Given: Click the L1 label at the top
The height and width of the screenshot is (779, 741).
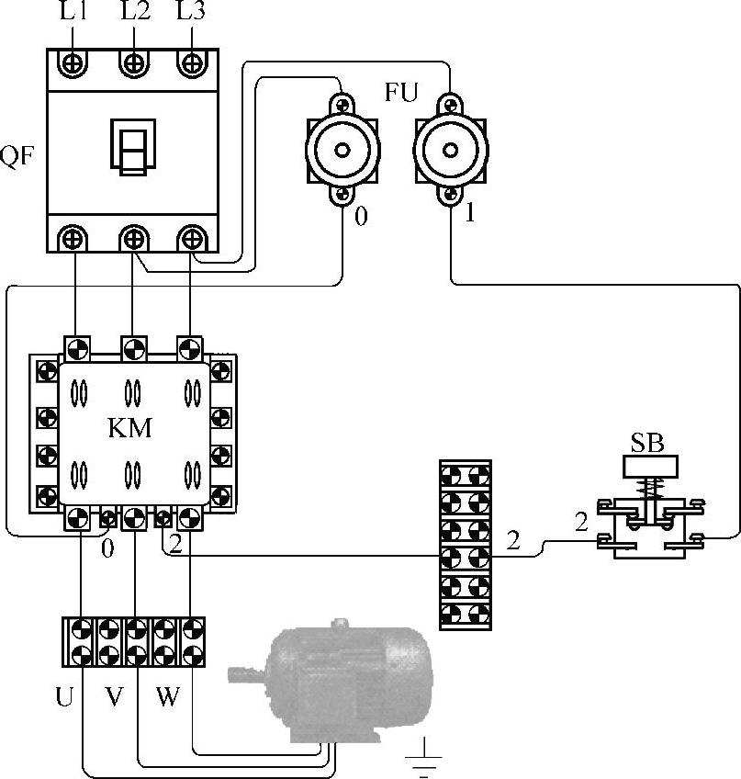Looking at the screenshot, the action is (x=73, y=11).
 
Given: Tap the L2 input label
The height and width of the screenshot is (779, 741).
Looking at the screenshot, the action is (x=135, y=11).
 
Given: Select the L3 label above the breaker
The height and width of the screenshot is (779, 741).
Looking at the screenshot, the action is (x=191, y=11).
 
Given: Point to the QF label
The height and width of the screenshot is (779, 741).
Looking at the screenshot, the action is (x=17, y=156).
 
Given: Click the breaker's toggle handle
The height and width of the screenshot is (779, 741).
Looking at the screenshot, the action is (x=133, y=147).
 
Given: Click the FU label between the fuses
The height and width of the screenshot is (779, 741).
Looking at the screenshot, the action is (x=401, y=92).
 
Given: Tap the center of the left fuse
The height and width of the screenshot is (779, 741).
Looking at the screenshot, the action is (x=342, y=150).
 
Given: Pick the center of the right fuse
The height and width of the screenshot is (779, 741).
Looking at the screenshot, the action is (x=451, y=150).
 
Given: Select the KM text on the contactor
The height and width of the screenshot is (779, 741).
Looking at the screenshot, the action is (x=129, y=428).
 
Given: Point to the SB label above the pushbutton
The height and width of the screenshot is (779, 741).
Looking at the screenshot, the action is (x=647, y=444).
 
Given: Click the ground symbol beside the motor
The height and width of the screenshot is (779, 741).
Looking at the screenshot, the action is (x=423, y=757).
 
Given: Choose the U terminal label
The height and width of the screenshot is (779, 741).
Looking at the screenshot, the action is (x=64, y=696).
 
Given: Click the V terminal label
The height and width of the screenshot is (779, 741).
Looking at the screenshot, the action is (x=114, y=696).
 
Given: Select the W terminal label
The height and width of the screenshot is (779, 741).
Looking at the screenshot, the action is (x=167, y=696).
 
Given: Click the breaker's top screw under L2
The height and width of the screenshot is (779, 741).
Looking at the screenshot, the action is (x=134, y=63).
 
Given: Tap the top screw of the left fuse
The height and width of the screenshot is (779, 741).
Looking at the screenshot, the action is (x=342, y=105).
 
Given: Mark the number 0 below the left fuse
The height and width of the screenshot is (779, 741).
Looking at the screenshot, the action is (x=361, y=217).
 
